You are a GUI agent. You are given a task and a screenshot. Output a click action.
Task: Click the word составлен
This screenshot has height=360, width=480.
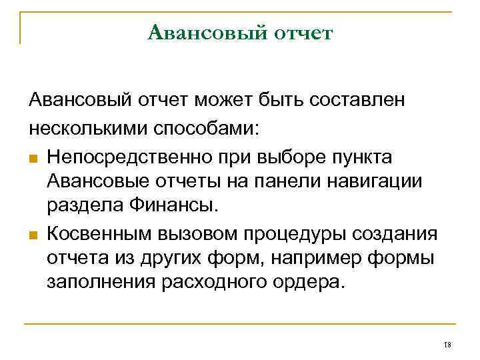[x=365, y=100]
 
